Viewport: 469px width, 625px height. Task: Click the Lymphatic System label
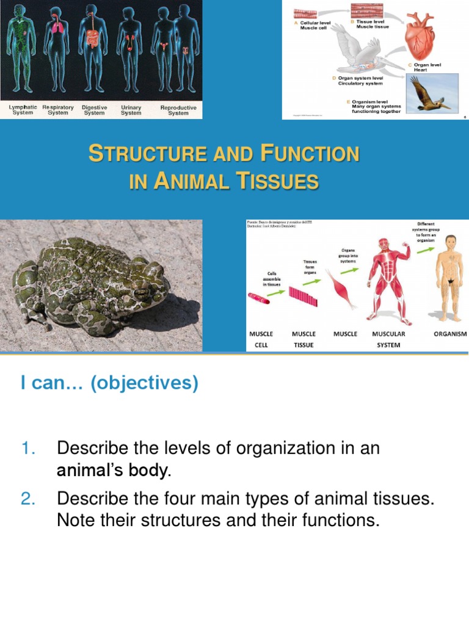point(23,110)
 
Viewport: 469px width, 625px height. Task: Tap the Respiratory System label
point(58,110)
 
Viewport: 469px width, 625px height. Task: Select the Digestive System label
point(94,110)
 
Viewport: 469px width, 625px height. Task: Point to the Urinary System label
point(131,110)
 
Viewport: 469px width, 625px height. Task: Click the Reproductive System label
point(178,110)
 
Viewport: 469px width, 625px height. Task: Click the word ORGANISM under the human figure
point(450,334)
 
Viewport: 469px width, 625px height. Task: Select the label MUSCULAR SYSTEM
point(388,339)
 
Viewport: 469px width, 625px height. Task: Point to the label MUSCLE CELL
point(261,339)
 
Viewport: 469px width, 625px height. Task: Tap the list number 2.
point(29,499)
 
